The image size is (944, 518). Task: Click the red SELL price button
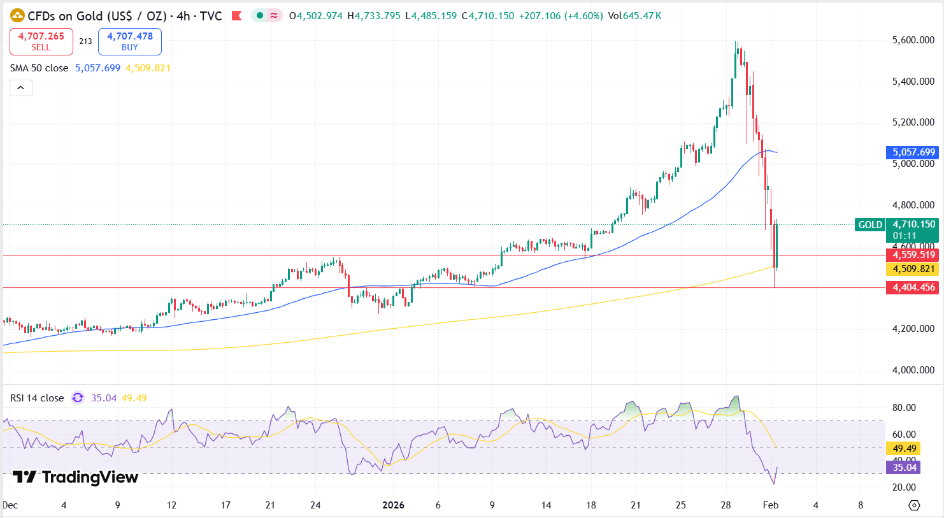pyautogui.click(x=41, y=41)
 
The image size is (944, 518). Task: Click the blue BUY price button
pyautogui.click(x=130, y=41)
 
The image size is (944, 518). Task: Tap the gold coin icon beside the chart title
pyautogui.click(x=17, y=15)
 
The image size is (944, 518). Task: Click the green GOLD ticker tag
pyautogui.click(x=869, y=224)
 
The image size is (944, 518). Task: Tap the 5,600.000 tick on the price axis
pyautogui.click(x=913, y=40)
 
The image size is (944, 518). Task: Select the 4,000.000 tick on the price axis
pyautogui.click(x=913, y=370)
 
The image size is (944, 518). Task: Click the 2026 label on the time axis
pyautogui.click(x=393, y=505)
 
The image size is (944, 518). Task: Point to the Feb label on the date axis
pyautogui.click(x=771, y=505)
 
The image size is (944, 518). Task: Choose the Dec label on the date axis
pyautogui.click(x=10, y=505)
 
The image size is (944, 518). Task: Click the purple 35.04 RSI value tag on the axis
pyautogui.click(x=904, y=468)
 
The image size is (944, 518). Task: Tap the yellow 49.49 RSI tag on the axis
pyautogui.click(x=904, y=449)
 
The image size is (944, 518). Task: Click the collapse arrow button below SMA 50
pyautogui.click(x=20, y=88)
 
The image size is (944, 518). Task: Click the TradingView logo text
pyautogui.click(x=76, y=477)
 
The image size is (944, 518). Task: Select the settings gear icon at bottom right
pyautogui.click(x=914, y=505)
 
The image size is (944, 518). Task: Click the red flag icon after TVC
pyautogui.click(x=236, y=16)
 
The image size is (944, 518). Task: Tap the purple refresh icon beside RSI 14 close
pyautogui.click(x=78, y=398)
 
